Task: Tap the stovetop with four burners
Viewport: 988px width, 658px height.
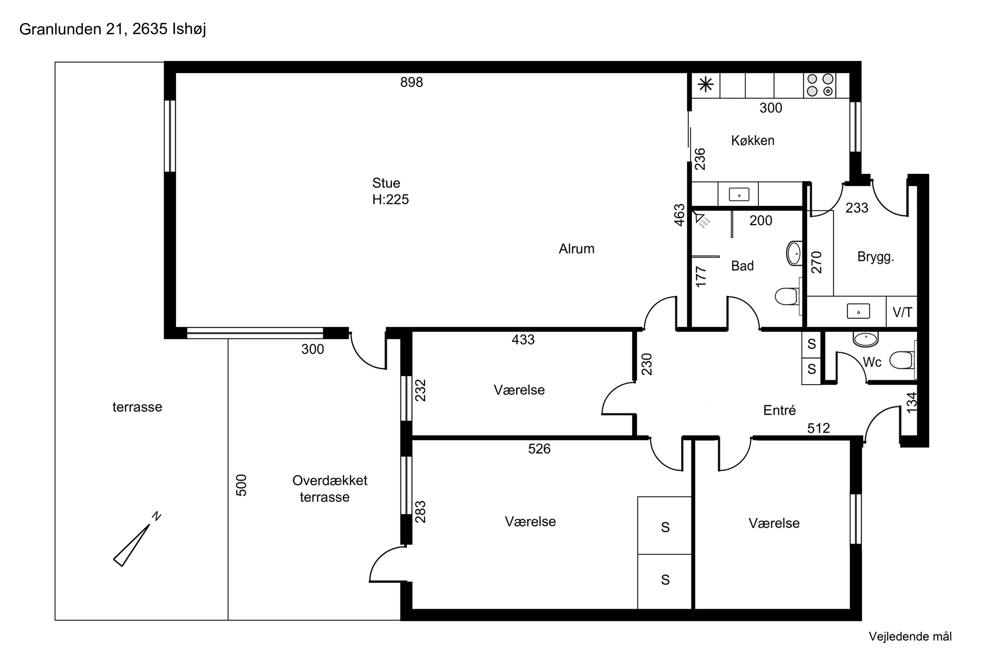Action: tap(820, 85)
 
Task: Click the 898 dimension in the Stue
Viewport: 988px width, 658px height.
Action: tap(411, 82)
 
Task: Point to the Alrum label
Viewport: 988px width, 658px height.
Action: tap(576, 249)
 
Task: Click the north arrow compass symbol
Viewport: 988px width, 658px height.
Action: tap(137, 539)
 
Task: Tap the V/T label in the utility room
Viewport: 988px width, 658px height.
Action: tap(902, 312)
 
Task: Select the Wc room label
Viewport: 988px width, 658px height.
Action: tap(872, 362)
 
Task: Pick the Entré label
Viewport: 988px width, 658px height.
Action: tap(779, 410)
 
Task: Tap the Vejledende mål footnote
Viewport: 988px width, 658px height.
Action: tap(910, 637)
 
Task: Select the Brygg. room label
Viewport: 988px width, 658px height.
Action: tap(875, 257)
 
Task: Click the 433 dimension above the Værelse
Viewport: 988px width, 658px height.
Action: tap(523, 340)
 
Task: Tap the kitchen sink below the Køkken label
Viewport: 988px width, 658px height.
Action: tap(738, 195)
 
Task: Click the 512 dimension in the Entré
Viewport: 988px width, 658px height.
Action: tap(818, 428)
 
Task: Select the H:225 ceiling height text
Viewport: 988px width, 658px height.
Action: tap(390, 199)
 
